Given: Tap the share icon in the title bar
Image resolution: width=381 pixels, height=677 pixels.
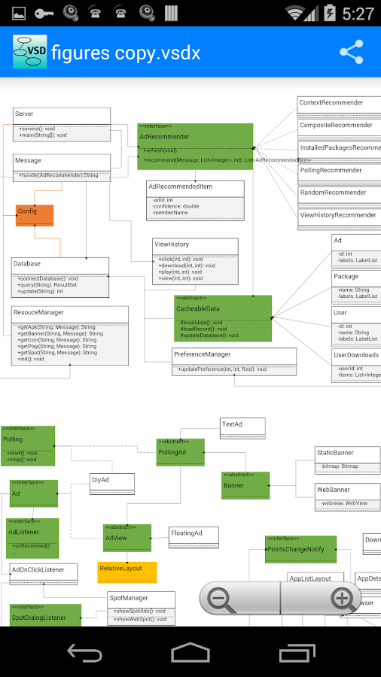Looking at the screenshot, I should coord(351,52).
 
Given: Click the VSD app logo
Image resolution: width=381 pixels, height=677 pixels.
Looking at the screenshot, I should coord(29,51).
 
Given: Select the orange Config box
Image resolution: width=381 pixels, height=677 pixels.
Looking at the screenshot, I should coord(35,215).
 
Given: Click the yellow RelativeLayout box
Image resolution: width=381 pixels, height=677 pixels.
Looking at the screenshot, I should coord(126,572).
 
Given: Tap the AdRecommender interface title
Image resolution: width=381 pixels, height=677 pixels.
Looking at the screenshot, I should coord(164,137).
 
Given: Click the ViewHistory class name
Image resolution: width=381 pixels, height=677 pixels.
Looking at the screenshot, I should coord(172,244).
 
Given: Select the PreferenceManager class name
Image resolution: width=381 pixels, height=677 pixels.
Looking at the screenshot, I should coord(202,354).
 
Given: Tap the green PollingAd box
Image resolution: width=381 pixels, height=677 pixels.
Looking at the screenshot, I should coord(181,453).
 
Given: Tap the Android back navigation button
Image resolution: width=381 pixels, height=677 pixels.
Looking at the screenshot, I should coord(84,651).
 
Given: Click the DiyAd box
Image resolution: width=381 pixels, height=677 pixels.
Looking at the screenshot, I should coord(111,484).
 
